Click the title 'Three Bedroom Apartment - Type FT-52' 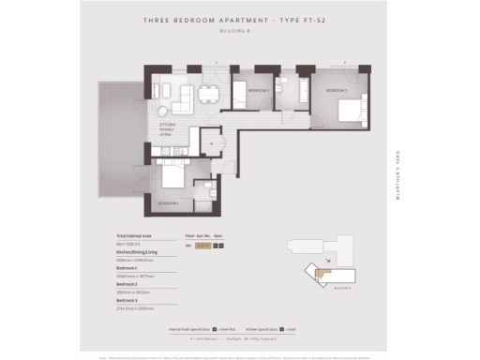tap(239, 19)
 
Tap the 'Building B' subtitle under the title tap(239, 28)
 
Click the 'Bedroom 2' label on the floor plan tap(337, 89)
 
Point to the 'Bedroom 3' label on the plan tap(259, 90)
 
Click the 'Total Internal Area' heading tap(136, 234)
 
